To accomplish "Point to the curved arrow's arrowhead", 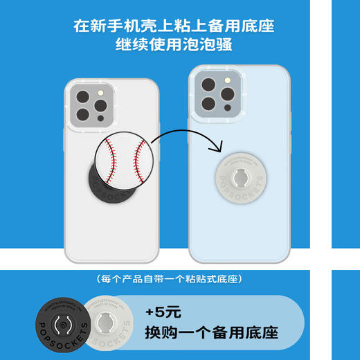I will [216, 146].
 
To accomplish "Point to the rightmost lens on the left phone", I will [100, 105].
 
